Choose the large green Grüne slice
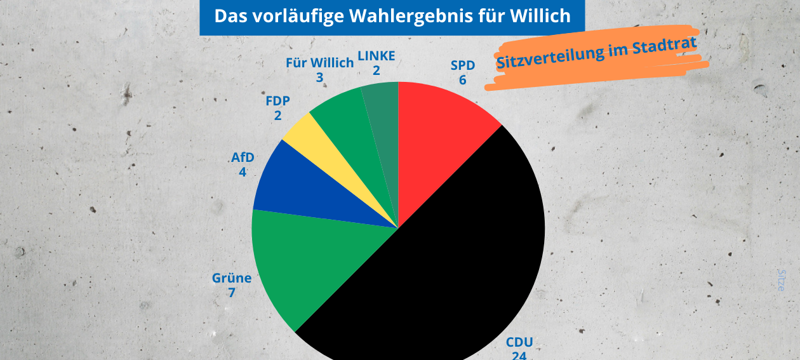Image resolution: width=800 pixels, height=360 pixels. [x=305, y=260]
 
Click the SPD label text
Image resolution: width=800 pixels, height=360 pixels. [x=463, y=65]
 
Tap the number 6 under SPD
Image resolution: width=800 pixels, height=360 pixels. [x=463, y=80]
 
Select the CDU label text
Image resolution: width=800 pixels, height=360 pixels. [x=519, y=343]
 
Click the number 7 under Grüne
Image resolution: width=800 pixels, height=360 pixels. [x=232, y=293]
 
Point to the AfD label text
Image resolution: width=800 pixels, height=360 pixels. [x=243, y=157]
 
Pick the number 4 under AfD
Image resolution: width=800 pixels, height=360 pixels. [x=243, y=171]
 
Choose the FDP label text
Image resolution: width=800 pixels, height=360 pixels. [x=277, y=102]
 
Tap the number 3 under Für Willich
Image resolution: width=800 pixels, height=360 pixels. [x=319, y=78]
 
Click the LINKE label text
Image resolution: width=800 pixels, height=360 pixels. [x=377, y=56]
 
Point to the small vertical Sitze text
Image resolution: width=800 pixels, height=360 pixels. [x=782, y=279]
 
